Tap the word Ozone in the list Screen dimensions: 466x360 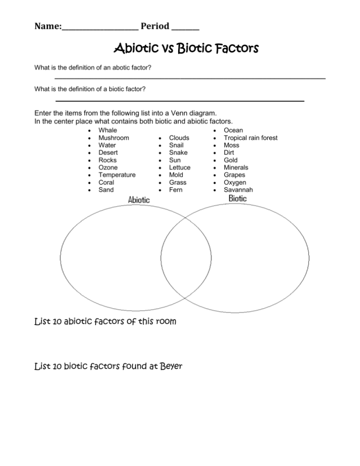tap(108, 167)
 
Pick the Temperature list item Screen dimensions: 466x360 tap(117, 175)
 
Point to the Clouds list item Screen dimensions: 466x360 tap(180, 138)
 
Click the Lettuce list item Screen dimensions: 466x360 tap(180, 168)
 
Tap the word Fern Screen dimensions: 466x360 tap(176, 190)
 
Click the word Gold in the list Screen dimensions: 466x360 tap(231, 160)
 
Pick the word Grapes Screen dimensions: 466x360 tap(234, 175)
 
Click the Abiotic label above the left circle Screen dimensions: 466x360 tap(139, 200)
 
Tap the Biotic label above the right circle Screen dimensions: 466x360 tap(237, 198)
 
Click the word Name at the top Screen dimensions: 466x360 tap(47, 26)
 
